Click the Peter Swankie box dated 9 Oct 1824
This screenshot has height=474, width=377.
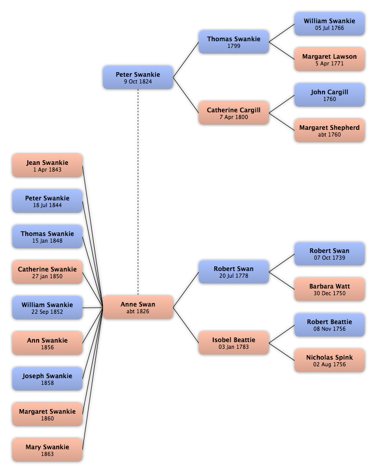[x=138, y=77]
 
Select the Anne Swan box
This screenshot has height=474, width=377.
[x=138, y=308]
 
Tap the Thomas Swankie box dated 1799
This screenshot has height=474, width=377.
[x=233, y=42]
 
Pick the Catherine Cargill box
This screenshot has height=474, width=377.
[x=233, y=113]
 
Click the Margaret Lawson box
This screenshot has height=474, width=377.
[x=329, y=60]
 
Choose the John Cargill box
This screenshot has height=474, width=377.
[x=329, y=95]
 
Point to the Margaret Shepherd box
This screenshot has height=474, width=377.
[x=329, y=130]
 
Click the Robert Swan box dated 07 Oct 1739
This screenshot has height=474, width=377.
[x=329, y=254]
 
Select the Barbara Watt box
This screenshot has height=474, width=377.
[x=329, y=290]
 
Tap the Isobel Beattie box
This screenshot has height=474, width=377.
[x=233, y=343]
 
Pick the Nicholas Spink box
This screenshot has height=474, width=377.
[x=329, y=360]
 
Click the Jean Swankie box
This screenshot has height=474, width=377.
[x=47, y=166]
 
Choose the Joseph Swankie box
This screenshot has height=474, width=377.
[x=47, y=379]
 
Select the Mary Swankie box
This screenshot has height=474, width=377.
[x=47, y=450]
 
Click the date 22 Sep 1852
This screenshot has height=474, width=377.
[x=47, y=312]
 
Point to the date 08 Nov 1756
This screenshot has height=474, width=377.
[x=329, y=329]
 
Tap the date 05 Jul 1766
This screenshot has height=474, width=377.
[x=329, y=28]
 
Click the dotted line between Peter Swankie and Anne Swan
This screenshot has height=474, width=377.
[x=138, y=192]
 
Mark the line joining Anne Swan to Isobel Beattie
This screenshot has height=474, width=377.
[x=186, y=325]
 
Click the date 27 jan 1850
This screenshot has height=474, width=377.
[x=47, y=276]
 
